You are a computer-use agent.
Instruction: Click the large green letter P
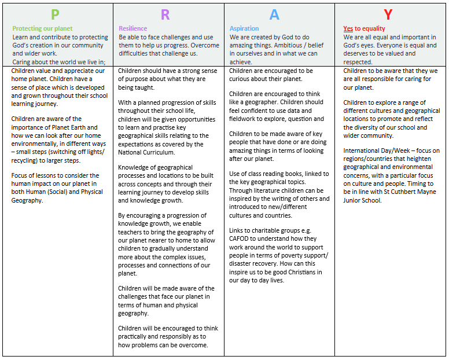point(55,14)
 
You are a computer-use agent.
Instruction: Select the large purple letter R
point(165,14)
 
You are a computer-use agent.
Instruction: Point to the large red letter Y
point(388,14)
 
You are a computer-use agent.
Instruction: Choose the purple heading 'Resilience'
point(133,28)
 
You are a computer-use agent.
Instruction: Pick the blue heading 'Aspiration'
point(244,28)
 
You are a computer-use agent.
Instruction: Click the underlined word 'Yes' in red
point(348,28)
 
